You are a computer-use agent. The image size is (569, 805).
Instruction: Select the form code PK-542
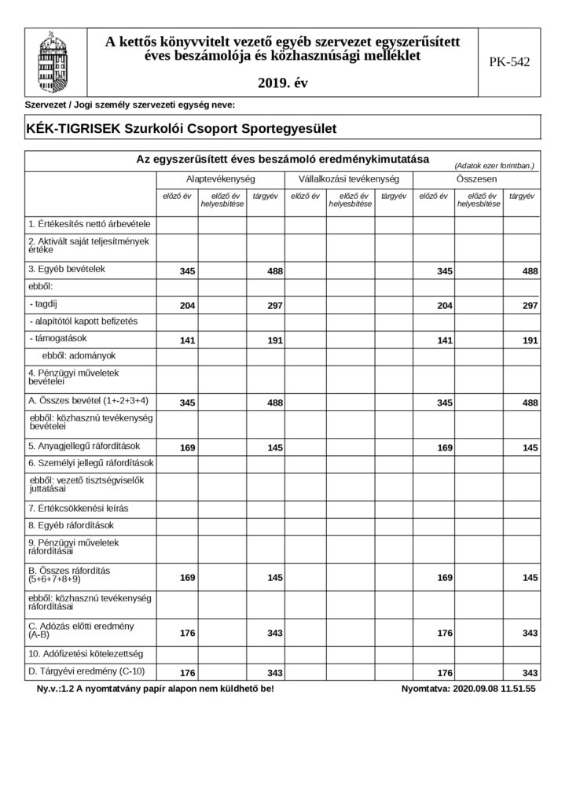tap(508, 63)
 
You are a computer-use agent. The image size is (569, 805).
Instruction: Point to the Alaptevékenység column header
tap(219, 179)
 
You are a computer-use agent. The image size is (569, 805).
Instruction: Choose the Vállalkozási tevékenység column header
tap(349, 179)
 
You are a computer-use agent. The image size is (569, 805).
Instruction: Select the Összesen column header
tap(476, 179)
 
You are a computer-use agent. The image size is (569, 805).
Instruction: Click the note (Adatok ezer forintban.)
tap(494, 166)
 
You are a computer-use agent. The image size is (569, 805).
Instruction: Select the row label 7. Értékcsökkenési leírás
tap(78, 508)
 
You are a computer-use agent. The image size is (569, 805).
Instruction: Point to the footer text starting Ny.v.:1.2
tap(149, 689)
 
